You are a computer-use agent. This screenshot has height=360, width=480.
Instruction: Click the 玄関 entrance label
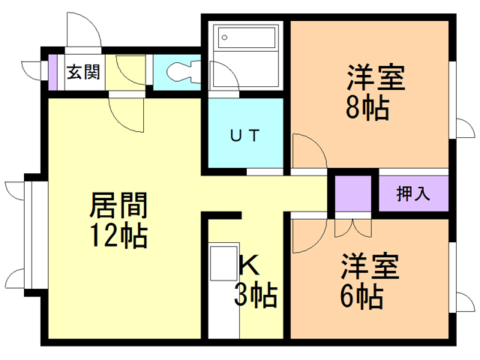point(83,73)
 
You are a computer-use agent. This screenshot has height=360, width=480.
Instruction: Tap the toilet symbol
point(184,72)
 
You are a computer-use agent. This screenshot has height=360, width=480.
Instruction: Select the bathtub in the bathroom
point(247,37)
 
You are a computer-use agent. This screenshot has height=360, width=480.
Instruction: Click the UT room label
point(245,135)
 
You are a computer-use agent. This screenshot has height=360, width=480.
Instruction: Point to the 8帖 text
point(367,109)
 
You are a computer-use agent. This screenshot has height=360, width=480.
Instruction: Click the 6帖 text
point(361,297)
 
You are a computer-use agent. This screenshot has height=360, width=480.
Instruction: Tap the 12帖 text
point(118,235)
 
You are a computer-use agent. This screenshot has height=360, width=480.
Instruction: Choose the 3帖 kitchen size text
point(256,295)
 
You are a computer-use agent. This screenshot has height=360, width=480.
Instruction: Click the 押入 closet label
point(413,193)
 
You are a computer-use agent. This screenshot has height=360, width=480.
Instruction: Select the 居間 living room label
point(118,205)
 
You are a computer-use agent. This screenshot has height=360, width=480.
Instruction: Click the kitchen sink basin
point(223,263)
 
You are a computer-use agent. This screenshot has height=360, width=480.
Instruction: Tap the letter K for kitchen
point(250,265)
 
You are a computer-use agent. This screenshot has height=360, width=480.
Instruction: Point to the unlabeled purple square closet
point(353,193)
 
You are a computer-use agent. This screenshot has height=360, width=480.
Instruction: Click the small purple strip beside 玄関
point(52,73)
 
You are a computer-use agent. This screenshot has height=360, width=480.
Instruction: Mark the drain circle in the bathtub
point(224,37)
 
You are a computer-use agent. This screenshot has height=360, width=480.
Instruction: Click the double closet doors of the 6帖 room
point(353,228)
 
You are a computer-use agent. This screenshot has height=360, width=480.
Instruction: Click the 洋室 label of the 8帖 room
point(376,77)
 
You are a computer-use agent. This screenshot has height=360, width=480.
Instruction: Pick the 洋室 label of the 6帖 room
point(370,265)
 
